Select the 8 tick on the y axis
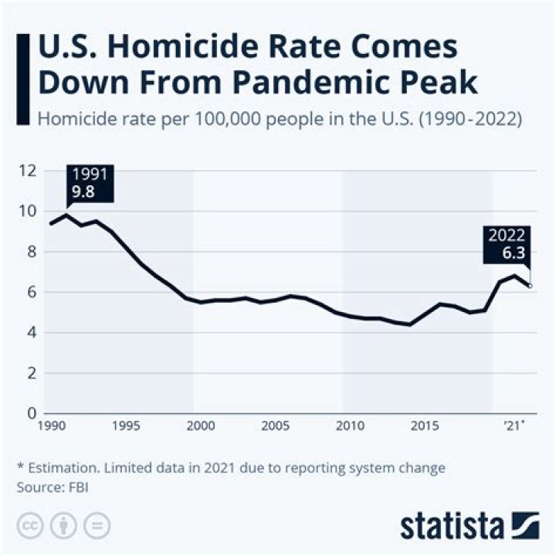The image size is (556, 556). (30, 251)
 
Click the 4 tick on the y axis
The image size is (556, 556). (30, 332)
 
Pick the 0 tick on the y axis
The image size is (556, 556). (30, 413)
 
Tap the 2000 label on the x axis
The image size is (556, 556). (200, 425)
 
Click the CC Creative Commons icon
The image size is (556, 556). (30, 525)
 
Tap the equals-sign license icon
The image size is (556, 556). (97, 525)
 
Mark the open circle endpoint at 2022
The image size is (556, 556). (530, 286)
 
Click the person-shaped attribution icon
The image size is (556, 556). (63, 525)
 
